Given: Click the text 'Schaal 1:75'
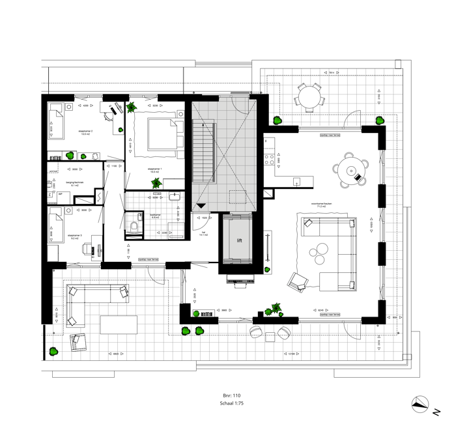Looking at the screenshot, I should coord(233,404).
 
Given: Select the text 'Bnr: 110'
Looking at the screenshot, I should coord(232,395).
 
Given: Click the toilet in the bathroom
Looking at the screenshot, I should coord(134,226).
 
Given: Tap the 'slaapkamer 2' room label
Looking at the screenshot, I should coord(85,132).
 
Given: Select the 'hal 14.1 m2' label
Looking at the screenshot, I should coord(203,232).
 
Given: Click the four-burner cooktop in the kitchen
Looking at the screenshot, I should coord(267,158).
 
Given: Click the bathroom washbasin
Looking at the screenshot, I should coord(175,196).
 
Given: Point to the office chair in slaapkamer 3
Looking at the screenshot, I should coord(85,249).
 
